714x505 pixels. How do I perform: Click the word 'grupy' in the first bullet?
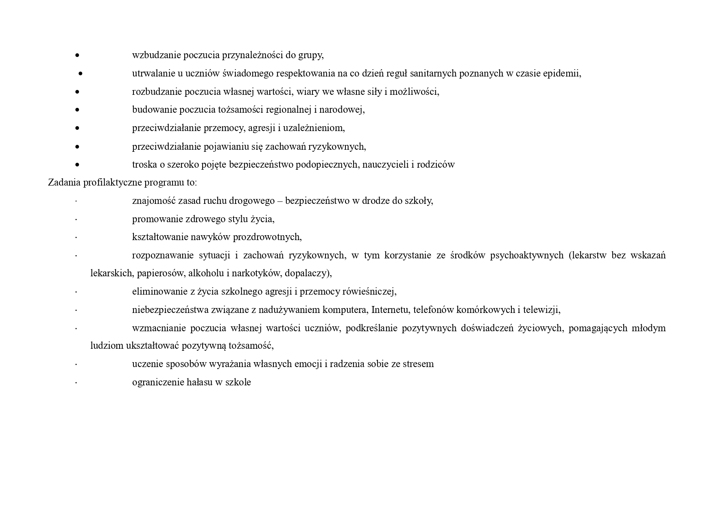point(311,55)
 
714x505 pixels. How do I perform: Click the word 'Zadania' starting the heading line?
point(64,182)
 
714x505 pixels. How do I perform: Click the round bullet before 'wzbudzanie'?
point(77,55)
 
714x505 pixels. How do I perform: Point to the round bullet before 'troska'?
point(77,165)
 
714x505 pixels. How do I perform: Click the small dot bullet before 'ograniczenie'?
point(76,383)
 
